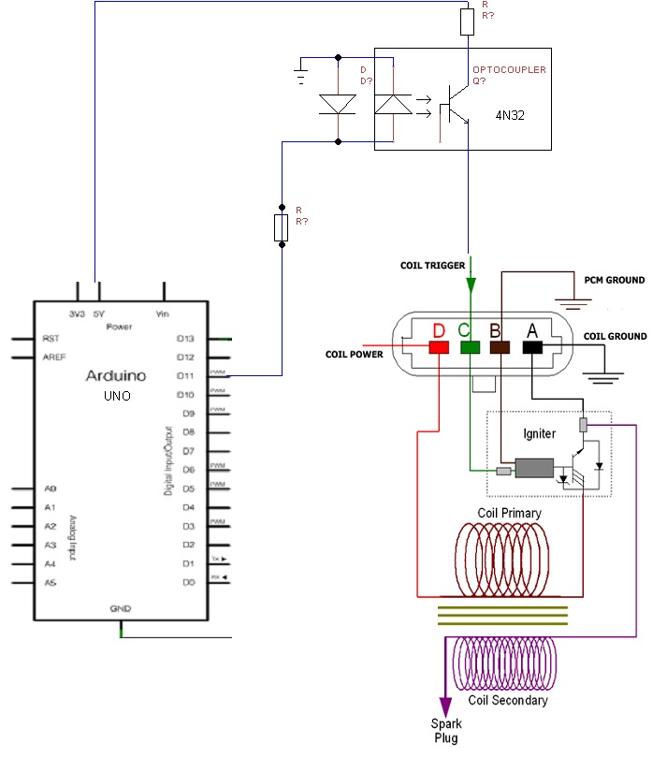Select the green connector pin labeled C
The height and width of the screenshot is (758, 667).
(470, 348)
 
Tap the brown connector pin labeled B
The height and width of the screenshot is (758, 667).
(501, 348)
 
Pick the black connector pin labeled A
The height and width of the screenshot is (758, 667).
(532, 348)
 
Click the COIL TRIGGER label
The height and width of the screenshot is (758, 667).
(433, 266)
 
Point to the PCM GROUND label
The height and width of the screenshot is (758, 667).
(614, 281)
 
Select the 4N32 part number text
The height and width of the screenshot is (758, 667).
(511, 117)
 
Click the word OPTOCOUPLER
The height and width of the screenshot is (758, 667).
(509, 70)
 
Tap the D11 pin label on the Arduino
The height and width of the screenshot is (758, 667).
(185, 375)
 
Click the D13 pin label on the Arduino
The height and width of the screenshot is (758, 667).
(185, 338)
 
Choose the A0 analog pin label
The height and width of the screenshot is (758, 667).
(51, 488)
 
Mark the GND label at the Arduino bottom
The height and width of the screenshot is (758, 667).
(120, 608)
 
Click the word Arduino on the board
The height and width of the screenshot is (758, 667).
(116, 376)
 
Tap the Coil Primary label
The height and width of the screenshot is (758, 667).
(509, 513)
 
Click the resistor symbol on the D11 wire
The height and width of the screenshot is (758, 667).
(283, 226)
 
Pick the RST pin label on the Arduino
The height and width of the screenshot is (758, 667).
(51, 339)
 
